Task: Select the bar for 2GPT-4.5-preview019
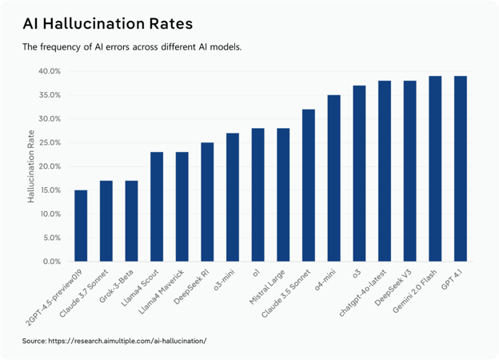(x=81, y=226)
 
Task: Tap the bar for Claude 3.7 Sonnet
(x=106, y=221)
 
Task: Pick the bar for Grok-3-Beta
(x=131, y=221)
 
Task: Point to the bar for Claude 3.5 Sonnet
(x=309, y=185)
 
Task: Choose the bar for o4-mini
(x=333, y=178)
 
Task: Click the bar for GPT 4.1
(x=461, y=169)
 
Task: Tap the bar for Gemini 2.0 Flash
(x=435, y=169)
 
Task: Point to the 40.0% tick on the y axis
(x=50, y=71)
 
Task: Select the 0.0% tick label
(x=51, y=262)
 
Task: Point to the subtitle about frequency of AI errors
(x=132, y=47)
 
